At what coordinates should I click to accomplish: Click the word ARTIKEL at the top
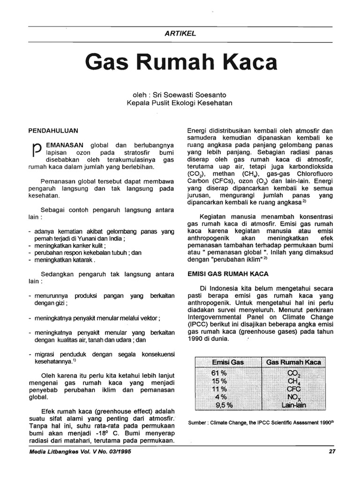(x=180, y=33)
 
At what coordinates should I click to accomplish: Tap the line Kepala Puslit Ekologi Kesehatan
(x=180, y=103)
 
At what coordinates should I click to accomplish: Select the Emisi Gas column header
(x=228, y=362)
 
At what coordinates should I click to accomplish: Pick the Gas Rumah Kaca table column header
(x=293, y=362)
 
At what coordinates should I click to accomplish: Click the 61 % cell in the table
(x=220, y=373)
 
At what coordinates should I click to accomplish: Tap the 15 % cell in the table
(x=220, y=381)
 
